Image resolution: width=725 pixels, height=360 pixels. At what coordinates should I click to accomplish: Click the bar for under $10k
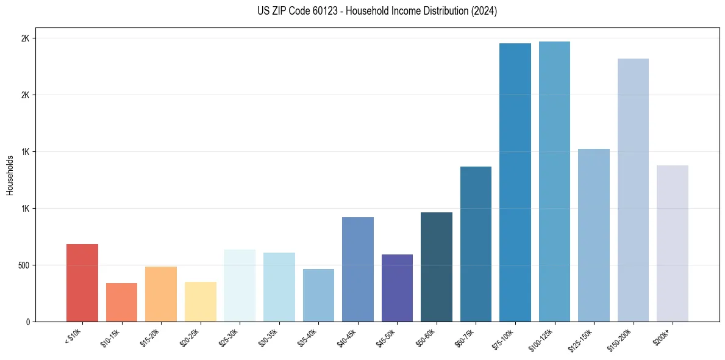[x=82, y=283]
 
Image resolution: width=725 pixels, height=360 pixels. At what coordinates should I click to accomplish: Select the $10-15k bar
[x=121, y=302]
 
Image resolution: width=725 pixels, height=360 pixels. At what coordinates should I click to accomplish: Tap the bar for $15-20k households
[x=161, y=294]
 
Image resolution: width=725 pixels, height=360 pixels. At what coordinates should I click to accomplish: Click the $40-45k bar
[x=357, y=269]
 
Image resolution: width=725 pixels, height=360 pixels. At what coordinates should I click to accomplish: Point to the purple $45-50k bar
[x=397, y=288]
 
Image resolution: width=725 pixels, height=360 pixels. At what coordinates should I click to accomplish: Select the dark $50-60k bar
[x=436, y=267]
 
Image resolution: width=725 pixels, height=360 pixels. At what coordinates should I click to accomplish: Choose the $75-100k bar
[x=515, y=182]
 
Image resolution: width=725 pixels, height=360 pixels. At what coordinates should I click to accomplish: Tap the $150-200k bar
[x=633, y=190]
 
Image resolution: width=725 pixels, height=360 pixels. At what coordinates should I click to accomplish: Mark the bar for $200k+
[x=672, y=243]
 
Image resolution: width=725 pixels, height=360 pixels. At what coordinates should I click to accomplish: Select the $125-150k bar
[x=593, y=235]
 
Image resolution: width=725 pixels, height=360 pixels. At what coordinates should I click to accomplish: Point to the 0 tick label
[x=27, y=322]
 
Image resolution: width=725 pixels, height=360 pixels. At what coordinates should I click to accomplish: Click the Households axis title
[x=10, y=175]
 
